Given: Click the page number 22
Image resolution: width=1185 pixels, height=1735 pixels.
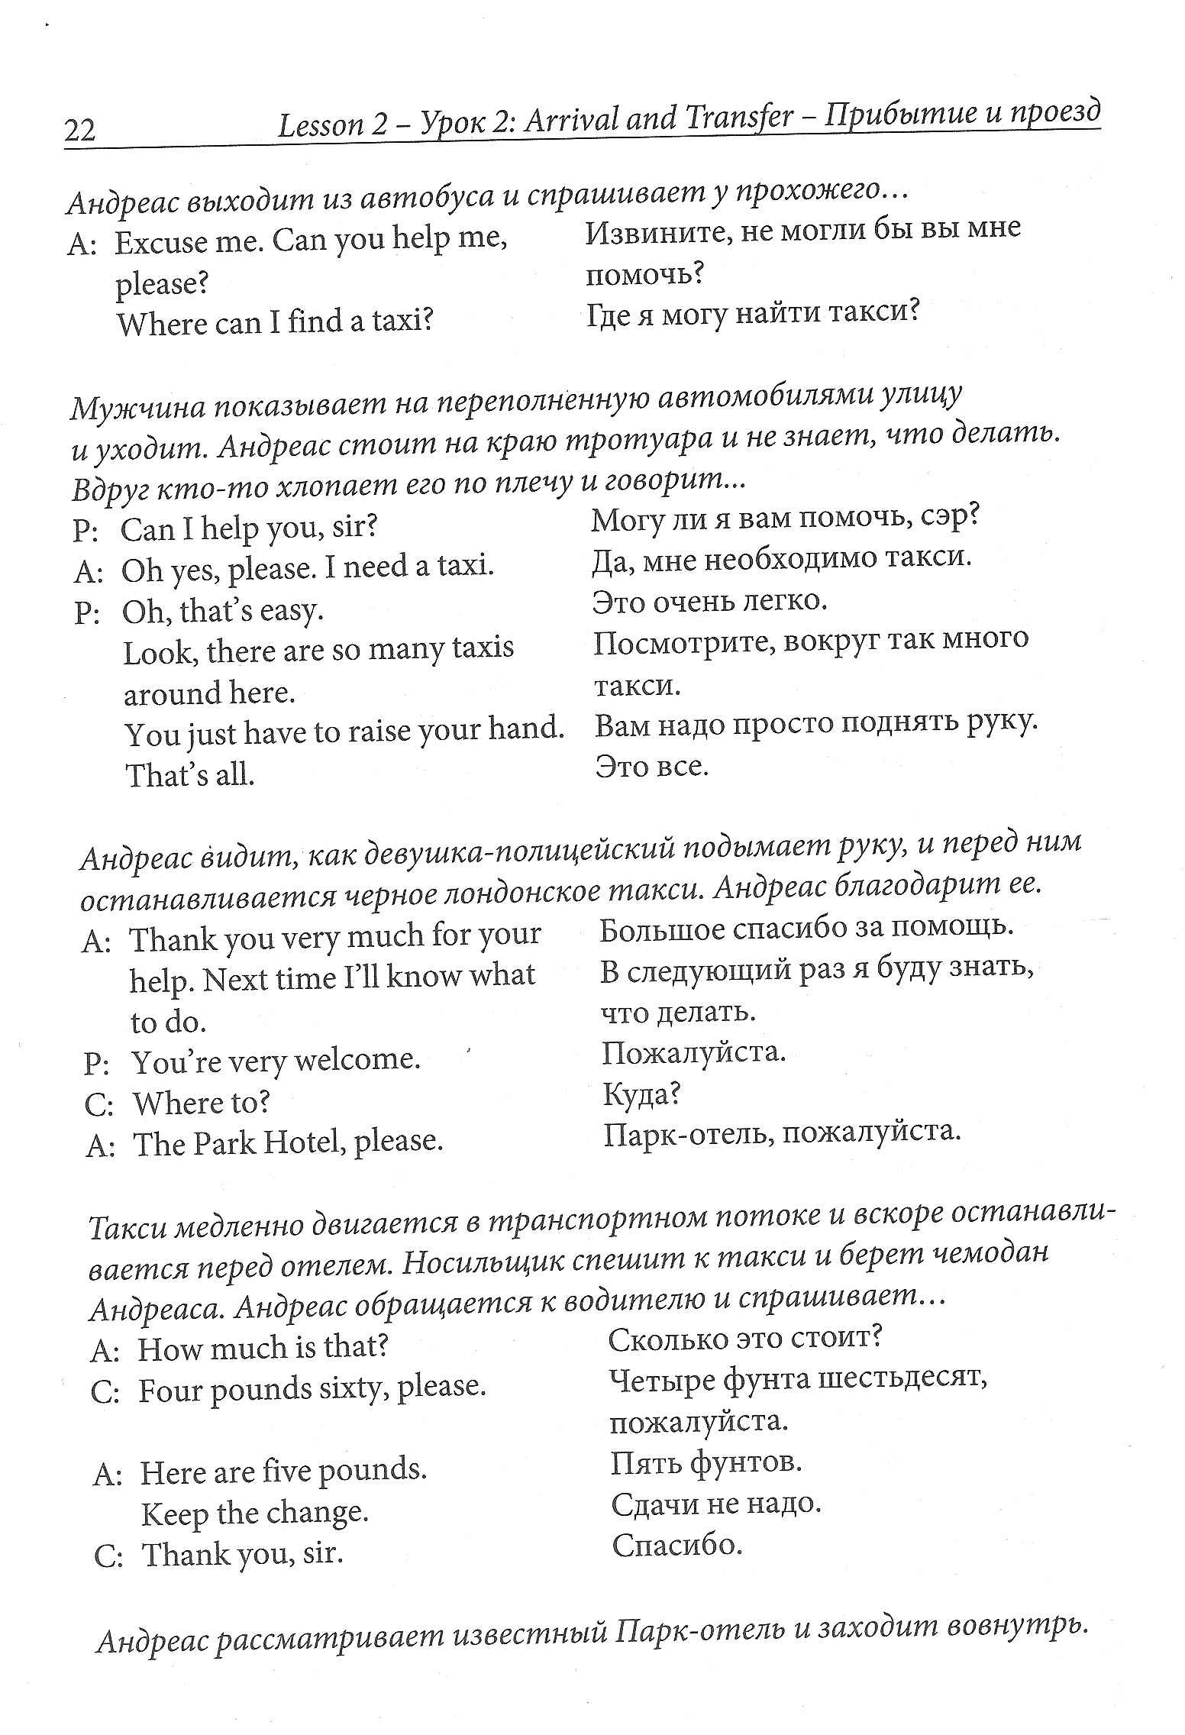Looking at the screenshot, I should coord(80,131).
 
